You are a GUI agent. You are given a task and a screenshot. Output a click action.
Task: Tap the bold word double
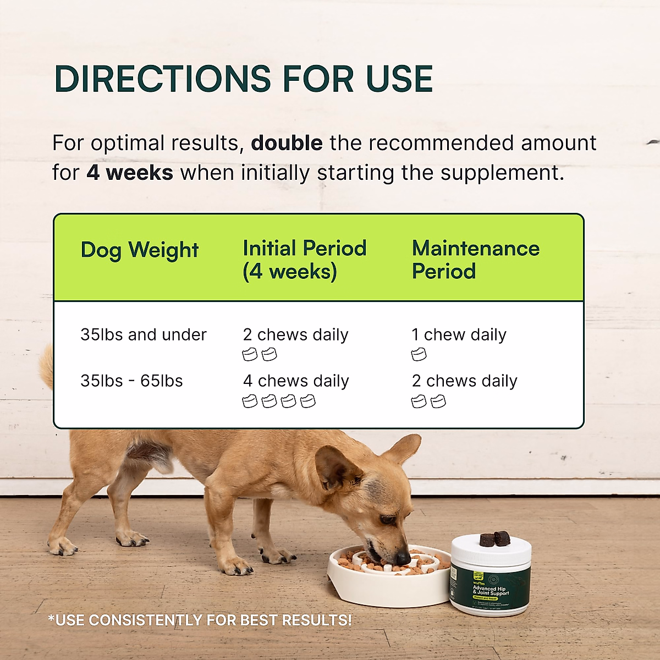click(287, 143)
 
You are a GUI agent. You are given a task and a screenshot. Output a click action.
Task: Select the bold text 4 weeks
click(130, 173)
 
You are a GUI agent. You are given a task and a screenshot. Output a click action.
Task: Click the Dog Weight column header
click(139, 250)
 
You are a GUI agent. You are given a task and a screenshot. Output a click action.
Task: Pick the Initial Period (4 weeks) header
click(304, 260)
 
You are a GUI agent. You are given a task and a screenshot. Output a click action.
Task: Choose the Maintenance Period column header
click(475, 260)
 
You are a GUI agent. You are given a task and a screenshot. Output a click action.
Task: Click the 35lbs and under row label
click(143, 334)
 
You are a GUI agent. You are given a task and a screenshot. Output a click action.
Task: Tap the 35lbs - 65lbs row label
click(131, 381)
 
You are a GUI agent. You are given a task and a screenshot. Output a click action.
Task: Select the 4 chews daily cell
click(296, 381)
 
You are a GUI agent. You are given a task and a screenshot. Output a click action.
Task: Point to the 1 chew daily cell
click(459, 334)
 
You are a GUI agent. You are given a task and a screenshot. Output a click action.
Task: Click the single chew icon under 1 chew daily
click(419, 355)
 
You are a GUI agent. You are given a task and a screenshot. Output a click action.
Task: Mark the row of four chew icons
click(279, 402)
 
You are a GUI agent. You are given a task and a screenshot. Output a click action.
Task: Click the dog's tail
click(47, 366)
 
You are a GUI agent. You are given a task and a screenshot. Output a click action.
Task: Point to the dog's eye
click(388, 519)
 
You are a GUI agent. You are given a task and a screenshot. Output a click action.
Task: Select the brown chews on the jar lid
click(495, 538)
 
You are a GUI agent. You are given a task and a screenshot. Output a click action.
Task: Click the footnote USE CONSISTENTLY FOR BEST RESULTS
click(200, 620)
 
